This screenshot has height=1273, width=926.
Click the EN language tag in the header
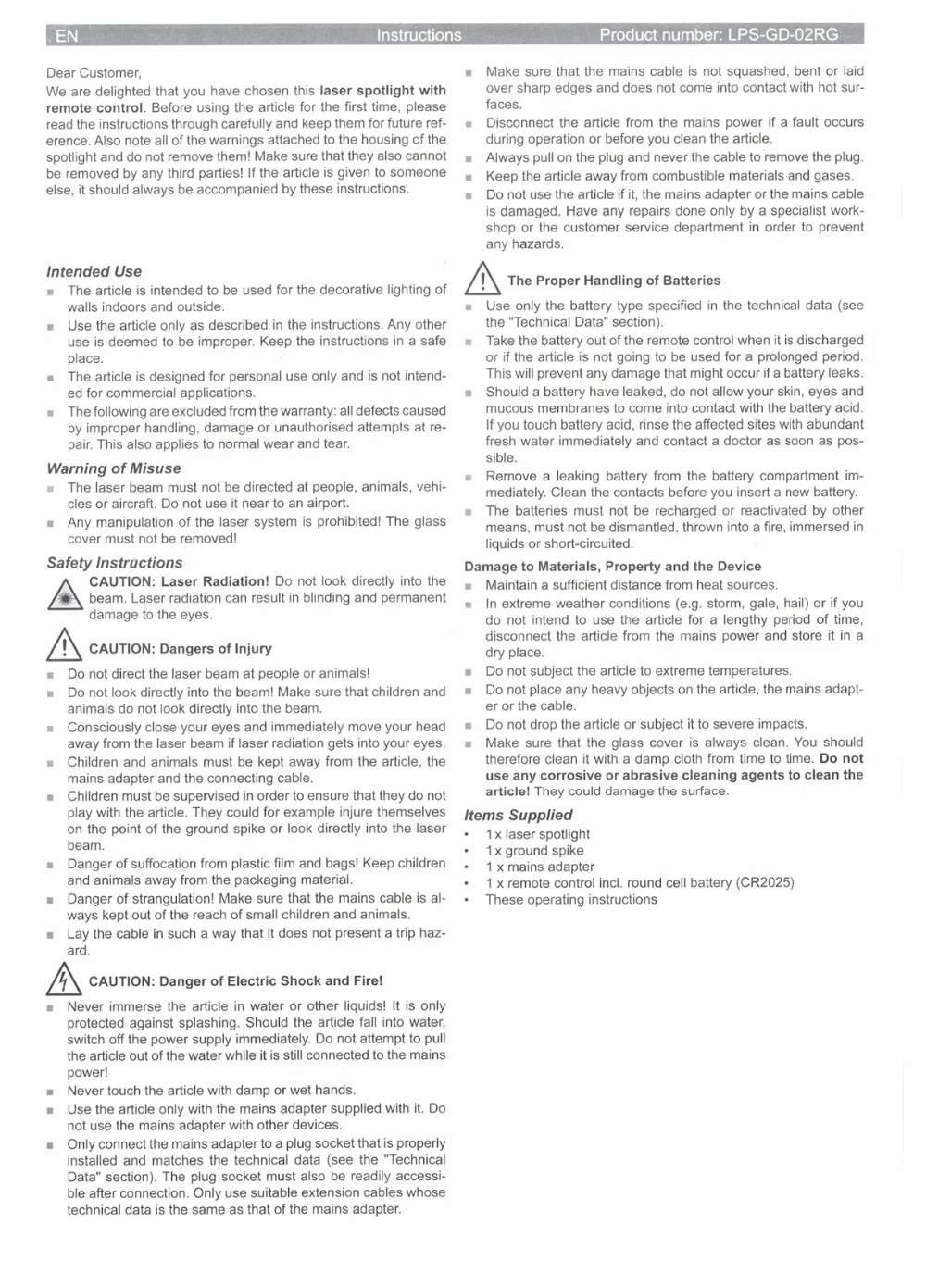[67, 36]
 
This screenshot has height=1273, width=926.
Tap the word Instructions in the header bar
[419, 36]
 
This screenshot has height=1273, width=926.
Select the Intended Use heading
[94, 271]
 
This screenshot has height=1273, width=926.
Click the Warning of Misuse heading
[114, 468]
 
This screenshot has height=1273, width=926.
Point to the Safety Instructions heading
[115, 563]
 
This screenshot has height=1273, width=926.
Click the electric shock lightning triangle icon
[64, 978]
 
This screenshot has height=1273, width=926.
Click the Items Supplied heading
[519, 815]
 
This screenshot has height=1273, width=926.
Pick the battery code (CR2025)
[765, 882]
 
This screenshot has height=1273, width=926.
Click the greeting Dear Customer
[94, 73]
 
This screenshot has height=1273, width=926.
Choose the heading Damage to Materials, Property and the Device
[612, 567]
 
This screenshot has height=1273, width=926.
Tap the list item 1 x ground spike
[534, 850]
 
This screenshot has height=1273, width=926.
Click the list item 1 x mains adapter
[540, 867]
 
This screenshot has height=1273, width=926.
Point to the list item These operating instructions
[571, 899]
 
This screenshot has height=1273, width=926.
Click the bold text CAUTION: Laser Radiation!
[179, 581]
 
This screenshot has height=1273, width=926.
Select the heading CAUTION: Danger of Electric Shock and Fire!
[235, 980]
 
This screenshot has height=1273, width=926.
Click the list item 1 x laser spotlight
[537, 833]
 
